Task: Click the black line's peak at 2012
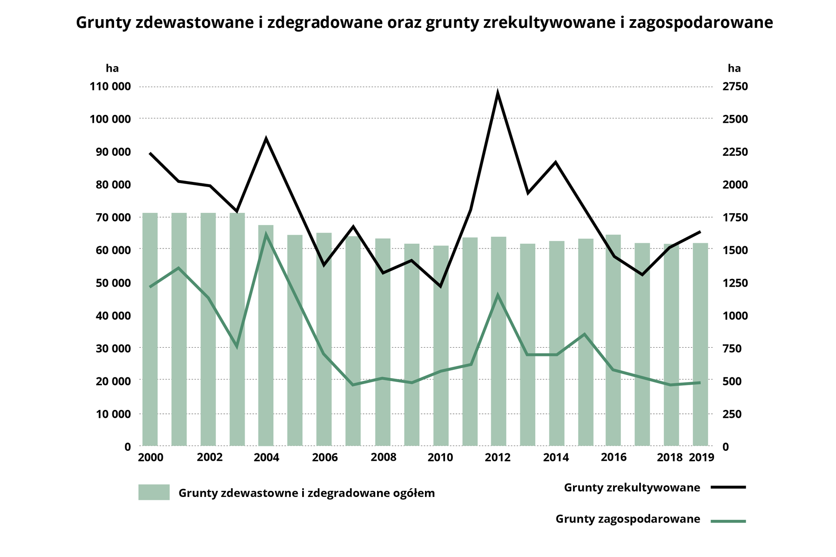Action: click(498, 93)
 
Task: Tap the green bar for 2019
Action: click(700, 344)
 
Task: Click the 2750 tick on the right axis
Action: click(735, 87)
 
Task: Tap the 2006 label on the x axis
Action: click(325, 457)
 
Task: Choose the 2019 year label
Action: click(701, 457)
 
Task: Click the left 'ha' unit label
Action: click(112, 68)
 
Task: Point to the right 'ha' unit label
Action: click(734, 68)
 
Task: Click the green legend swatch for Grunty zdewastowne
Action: click(154, 492)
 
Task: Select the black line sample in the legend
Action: click(728, 487)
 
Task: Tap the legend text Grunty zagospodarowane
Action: click(627, 519)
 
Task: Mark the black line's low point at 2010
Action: click(440, 286)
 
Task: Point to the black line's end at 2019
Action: click(700, 232)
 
